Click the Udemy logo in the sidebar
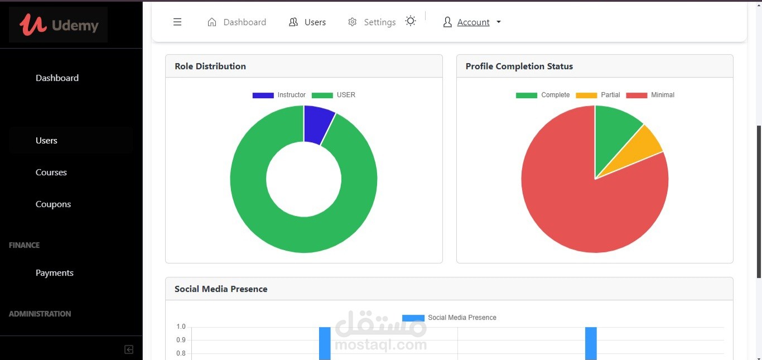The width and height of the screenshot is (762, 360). [x=59, y=25]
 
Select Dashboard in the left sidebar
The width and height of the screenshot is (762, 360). [x=57, y=78]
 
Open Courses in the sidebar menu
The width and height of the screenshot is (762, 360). [x=51, y=172]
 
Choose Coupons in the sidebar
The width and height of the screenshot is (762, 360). [x=53, y=204]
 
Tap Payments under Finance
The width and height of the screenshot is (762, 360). [x=54, y=273]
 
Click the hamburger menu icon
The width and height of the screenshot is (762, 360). [x=177, y=22]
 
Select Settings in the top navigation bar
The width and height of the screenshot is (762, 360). [x=372, y=22]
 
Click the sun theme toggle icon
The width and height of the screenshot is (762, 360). [x=411, y=21]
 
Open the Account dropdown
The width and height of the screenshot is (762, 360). [x=472, y=22]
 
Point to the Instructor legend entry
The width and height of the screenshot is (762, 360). [x=279, y=95]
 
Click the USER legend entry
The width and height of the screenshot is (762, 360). [x=334, y=95]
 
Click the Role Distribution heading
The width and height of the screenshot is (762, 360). [x=210, y=66]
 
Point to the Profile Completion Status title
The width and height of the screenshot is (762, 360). [x=519, y=66]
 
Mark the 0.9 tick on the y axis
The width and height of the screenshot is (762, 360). [x=181, y=340]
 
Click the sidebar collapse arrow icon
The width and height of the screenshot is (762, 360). [x=129, y=349]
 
